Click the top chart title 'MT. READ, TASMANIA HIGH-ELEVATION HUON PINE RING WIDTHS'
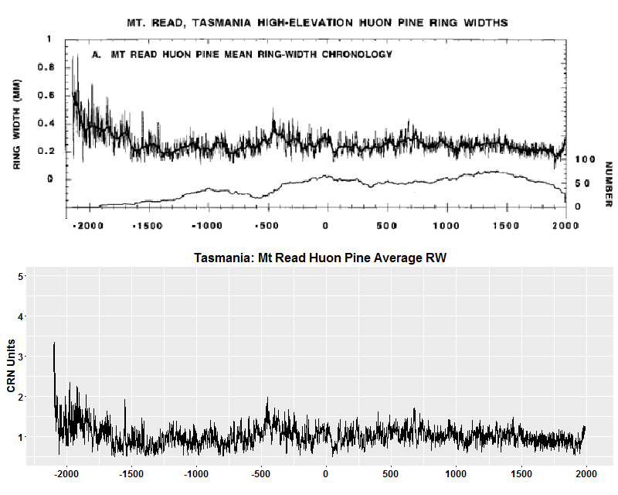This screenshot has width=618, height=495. click(x=317, y=22)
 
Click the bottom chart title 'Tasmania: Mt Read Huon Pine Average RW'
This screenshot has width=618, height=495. click(x=321, y=258)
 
